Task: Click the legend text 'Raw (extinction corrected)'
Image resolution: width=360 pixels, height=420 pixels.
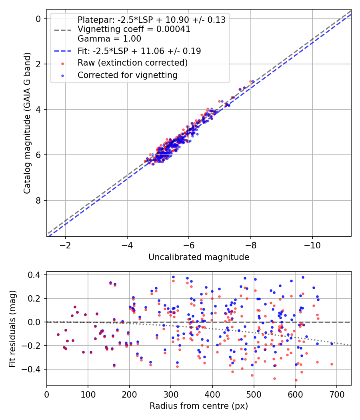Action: click(x=132, y=63)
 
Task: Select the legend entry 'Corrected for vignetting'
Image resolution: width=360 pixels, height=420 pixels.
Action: click(x=127, y=75)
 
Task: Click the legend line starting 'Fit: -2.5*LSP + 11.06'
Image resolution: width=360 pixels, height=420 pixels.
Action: click(x=139, y=51)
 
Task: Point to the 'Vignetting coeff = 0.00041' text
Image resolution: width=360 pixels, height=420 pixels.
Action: click(x=134, y=29)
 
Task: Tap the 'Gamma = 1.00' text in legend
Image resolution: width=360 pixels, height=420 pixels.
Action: click(x=109, y=39)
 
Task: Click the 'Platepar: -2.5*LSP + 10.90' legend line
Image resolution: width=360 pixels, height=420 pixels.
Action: click(x=151, y=20)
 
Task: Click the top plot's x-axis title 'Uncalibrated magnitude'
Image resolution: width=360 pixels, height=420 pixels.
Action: click(x=199, y=257)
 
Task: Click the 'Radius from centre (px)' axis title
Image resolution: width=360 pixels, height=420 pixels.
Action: click(x=199, y=406)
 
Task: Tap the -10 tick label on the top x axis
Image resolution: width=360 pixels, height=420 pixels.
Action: click(x=312, y=245)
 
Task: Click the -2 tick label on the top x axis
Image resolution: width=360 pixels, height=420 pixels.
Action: click(x=65, y=245)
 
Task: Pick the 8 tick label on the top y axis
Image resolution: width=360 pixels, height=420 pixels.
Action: click(x=38, y=200)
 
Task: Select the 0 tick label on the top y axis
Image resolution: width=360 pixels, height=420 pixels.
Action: click(x=38, y=19)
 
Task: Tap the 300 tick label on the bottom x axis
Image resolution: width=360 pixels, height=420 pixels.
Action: click(x=171, y=394)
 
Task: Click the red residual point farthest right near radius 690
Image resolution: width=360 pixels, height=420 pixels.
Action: click(x=332, y=364)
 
